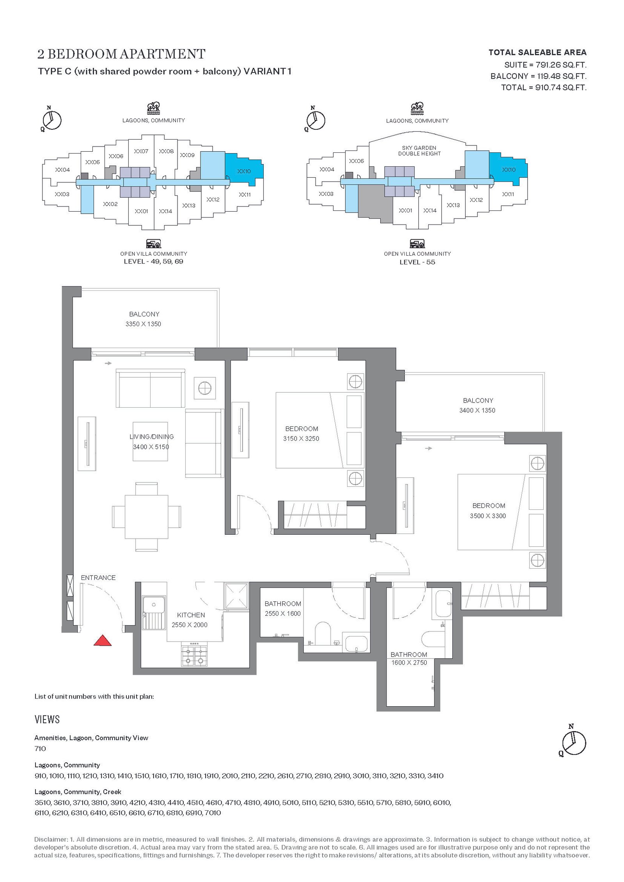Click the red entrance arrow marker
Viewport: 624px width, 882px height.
coord(103,640)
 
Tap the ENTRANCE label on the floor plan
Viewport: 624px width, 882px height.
coord(98,578)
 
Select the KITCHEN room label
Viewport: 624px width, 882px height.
coord(191,615)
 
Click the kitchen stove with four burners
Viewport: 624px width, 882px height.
coord(194,656)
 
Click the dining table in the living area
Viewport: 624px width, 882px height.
coord(146,517)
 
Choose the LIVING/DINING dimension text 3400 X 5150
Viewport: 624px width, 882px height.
coord(151,447)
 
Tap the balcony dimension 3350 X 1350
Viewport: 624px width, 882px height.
coord(143,324)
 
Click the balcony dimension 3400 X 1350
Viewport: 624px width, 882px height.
coord(477,410)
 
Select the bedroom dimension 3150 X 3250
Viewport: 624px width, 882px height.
coord(301,438)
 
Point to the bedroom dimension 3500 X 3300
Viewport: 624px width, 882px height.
coord(488,516)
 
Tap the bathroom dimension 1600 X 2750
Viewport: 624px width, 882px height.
coord(409,663)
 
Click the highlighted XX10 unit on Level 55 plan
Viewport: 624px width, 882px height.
coord(509,170)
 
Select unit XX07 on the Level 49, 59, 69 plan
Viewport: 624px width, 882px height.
coord(141,151)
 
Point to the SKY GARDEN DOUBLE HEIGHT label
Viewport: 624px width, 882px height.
coord(419,151)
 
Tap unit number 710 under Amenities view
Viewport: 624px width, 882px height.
coord(40,748)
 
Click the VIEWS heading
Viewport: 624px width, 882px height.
coord(47,719)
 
